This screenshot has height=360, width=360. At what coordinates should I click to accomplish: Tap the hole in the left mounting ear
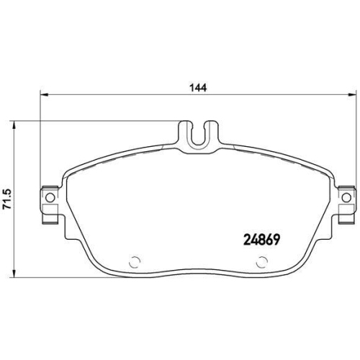click(50, 197)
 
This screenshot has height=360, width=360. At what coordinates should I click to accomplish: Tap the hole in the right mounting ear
click(346, 197)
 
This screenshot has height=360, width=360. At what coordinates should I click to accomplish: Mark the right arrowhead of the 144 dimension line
click(354, 95)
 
